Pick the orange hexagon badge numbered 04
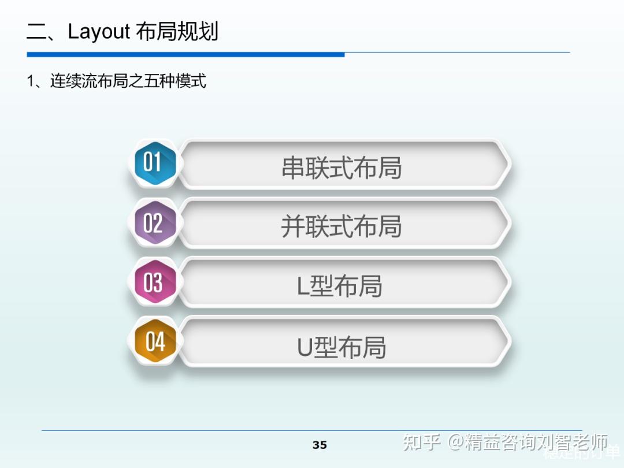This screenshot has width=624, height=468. [154, 341]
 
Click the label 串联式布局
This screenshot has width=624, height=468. [341, 168]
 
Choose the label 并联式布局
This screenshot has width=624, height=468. [341, 226]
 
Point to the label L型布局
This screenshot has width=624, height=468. [340, 286]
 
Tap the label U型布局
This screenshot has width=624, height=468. [341, 347]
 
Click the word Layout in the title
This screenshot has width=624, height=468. [99, 32]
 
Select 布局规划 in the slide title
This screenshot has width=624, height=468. [177, 32]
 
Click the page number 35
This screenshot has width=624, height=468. [320, 445]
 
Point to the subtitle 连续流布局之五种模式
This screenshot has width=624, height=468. [128, 81]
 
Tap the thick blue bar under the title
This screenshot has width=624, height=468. [185, 55]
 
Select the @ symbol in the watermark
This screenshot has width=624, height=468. [456, 443]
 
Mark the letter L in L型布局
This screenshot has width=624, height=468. [303, 287]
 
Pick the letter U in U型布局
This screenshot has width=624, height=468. [304, 347]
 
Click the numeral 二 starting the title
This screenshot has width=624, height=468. [38, 32]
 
